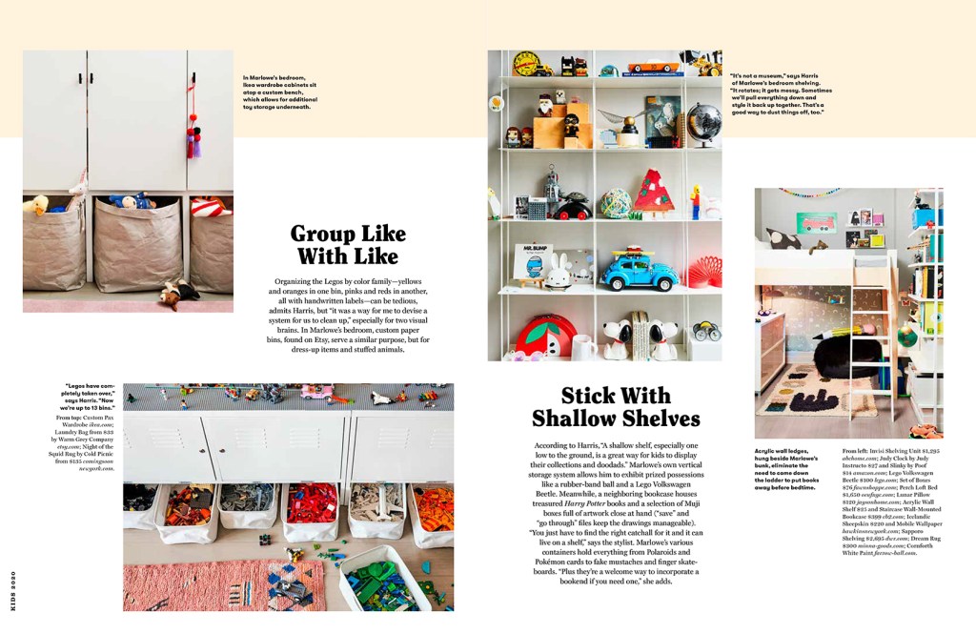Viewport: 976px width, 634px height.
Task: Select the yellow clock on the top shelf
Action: (525, 63)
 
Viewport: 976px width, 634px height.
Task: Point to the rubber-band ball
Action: (615, 202)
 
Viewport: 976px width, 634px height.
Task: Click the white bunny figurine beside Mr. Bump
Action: (558, 271)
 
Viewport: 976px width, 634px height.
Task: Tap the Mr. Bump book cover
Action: (534, 261)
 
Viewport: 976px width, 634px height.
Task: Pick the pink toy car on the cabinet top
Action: (316, 392)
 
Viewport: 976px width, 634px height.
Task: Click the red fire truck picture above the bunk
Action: (817, 223)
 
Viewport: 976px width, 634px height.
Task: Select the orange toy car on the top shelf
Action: (654, 69)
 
